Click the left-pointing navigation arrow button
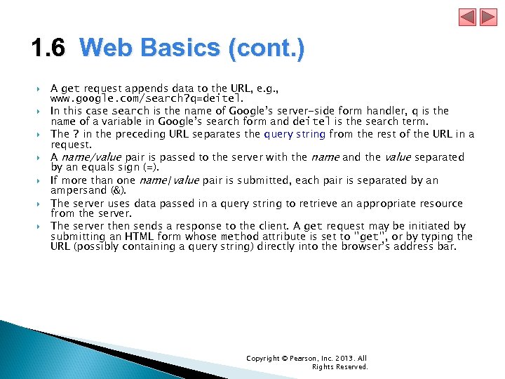pyautogui.click(x=468, y=18)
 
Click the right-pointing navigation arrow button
pyautogui.click(x=487, y=18)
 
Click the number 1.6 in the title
pyautogui.click(x=48, y=49)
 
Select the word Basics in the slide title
pyautogui.click(x=179, y=49)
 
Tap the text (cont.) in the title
pyautogui.click(x=266, y=49)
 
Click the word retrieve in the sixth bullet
pyautogui.click(x=314, y=203)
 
